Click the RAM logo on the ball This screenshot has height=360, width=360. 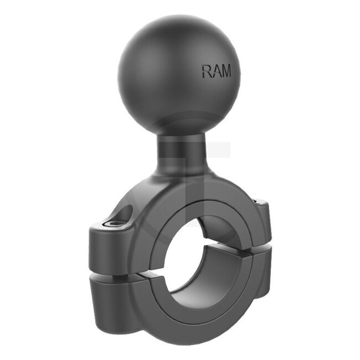tap(217, 71)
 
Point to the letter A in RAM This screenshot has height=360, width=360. tap(216, 71)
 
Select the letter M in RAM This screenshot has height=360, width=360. tap(226, 71)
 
